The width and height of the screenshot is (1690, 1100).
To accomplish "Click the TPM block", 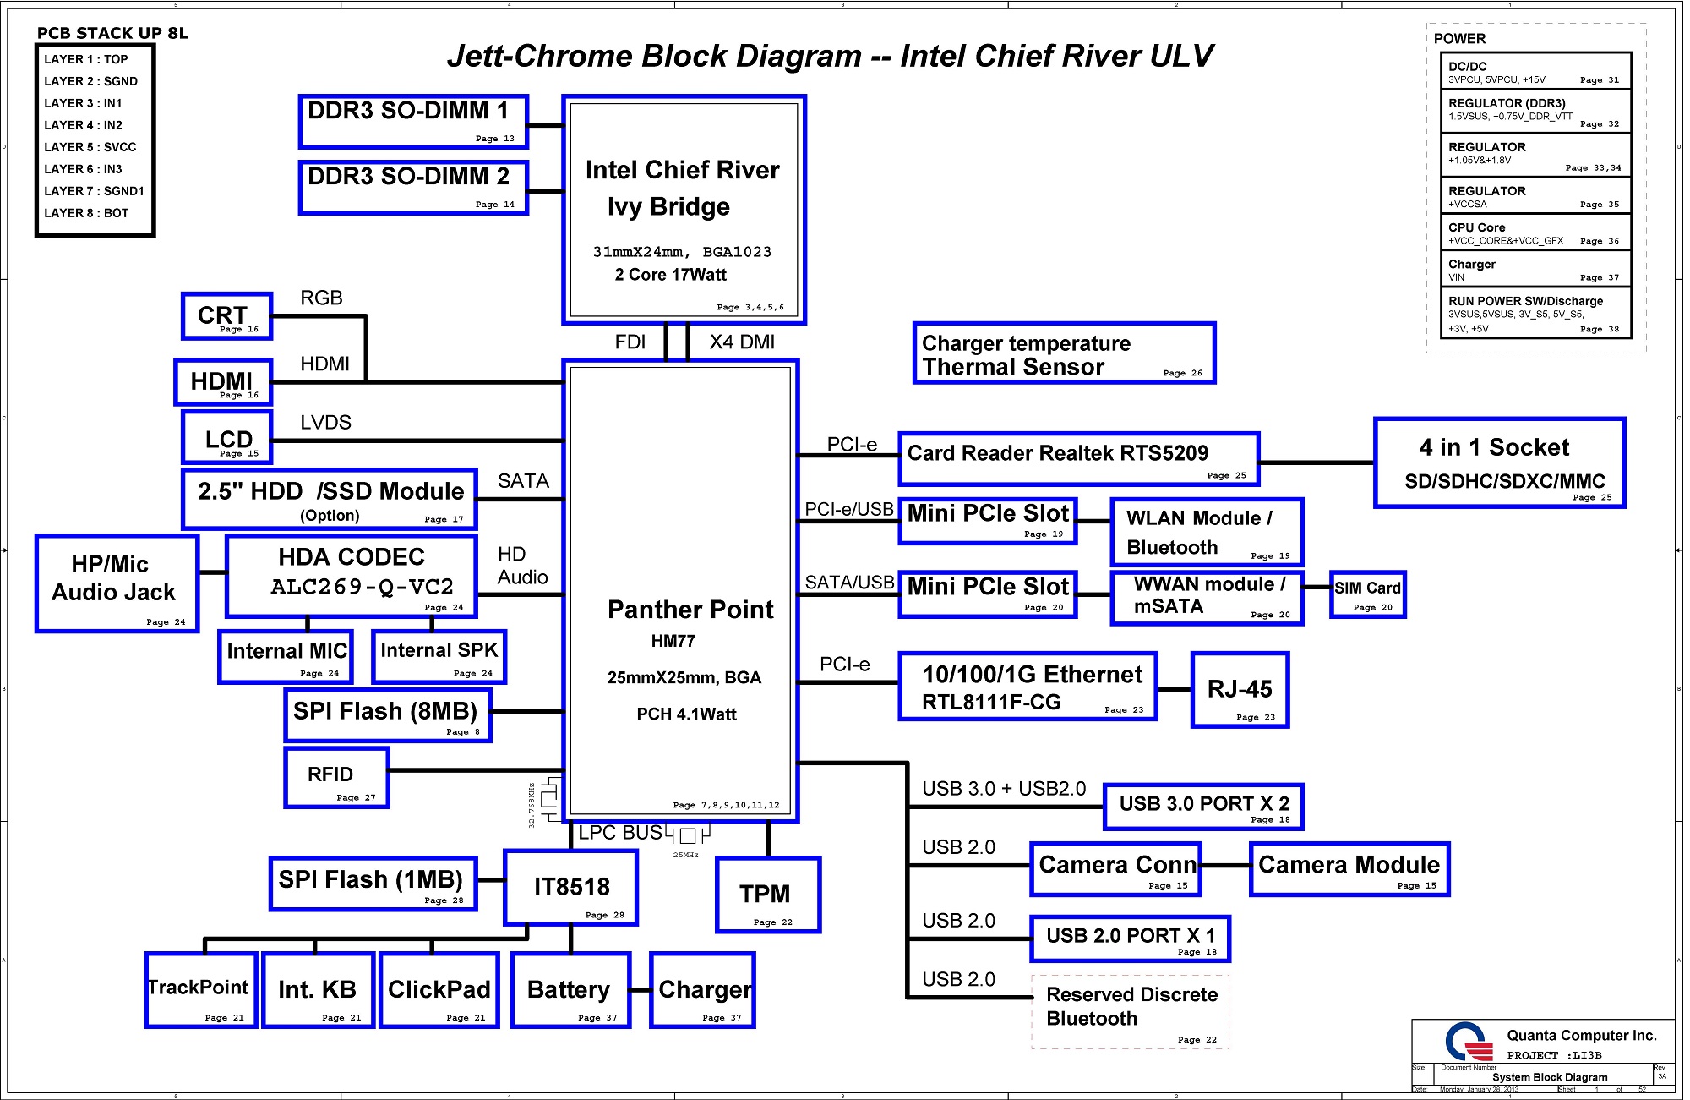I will (x=767, y=895).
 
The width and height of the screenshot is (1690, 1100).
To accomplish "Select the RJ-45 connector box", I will (x=1239, y=690).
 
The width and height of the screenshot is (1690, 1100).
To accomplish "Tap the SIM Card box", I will (x=1367, y=594).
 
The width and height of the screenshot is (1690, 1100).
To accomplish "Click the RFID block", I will (x=336, y=778).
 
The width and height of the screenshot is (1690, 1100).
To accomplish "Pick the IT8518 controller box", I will (x=570, y=888).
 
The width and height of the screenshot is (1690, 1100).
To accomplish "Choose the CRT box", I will (x=226, y=316).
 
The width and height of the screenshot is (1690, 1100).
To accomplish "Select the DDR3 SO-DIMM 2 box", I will (x=413, y=188).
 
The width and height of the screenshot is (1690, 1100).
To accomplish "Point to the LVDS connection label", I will (x=325, y=423).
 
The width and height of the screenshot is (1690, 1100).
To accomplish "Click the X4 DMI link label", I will (x=741, y=342).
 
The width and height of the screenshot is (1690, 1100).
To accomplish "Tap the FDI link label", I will (x=630, y=342).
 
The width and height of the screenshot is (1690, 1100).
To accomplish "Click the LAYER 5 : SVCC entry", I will (x=90, y=147).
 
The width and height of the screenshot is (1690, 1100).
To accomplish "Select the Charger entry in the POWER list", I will (x=1535, y=270).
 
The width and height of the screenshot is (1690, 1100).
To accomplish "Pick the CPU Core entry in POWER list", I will (x=1535, y=233).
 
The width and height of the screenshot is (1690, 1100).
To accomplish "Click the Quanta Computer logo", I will (x=1469, y=1043).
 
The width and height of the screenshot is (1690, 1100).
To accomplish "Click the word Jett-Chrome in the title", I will (x=558, y=57).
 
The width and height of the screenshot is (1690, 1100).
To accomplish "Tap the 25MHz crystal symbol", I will (x=688, y=836).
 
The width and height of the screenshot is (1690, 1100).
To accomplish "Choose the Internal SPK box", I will (x=439, y=657).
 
